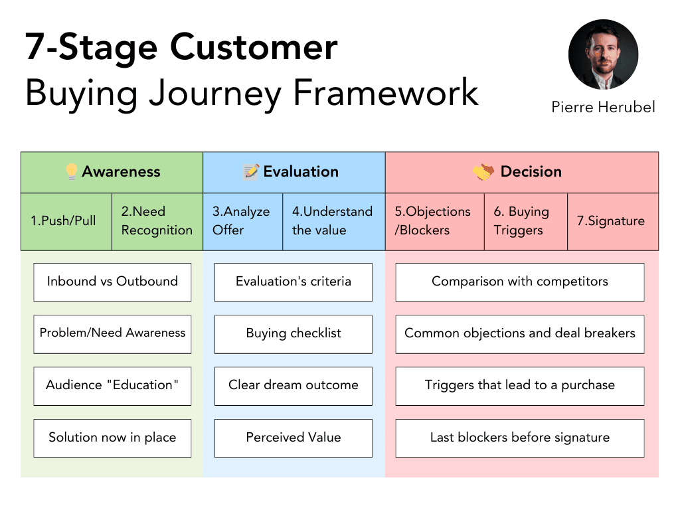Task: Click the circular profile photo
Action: click(x=603, y=55)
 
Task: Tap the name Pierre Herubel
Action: click(x=603, y=107)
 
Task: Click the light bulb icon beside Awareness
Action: click(x=71, y=172)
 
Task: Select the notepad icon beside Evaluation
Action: click(x=251, y=172)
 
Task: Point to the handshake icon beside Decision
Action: click(x=483, y=172)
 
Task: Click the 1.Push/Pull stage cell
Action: click(x=66, y=221)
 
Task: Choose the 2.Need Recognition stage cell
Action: click(x=157, y=221)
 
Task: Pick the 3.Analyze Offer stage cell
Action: click(x=242, y=221)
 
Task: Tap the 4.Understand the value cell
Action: click(x=333, y=221)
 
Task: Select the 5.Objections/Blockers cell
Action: click(x=434, y=221)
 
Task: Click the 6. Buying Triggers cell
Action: click(x=525, y=221)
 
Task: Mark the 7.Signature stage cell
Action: click(x=612, y=221)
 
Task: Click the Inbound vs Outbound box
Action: click(x=112, y=282)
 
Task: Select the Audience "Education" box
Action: click(x=112, y=386)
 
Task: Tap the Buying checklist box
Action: click(x=293, y=334)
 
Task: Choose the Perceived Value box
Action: click(x=293, y=438)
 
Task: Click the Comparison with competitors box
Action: click(x=519, y=282)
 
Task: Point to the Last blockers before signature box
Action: click(x=519, y=438)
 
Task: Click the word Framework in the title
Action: click(x=386, y=92)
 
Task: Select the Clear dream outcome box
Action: click(x=293, y=386)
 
